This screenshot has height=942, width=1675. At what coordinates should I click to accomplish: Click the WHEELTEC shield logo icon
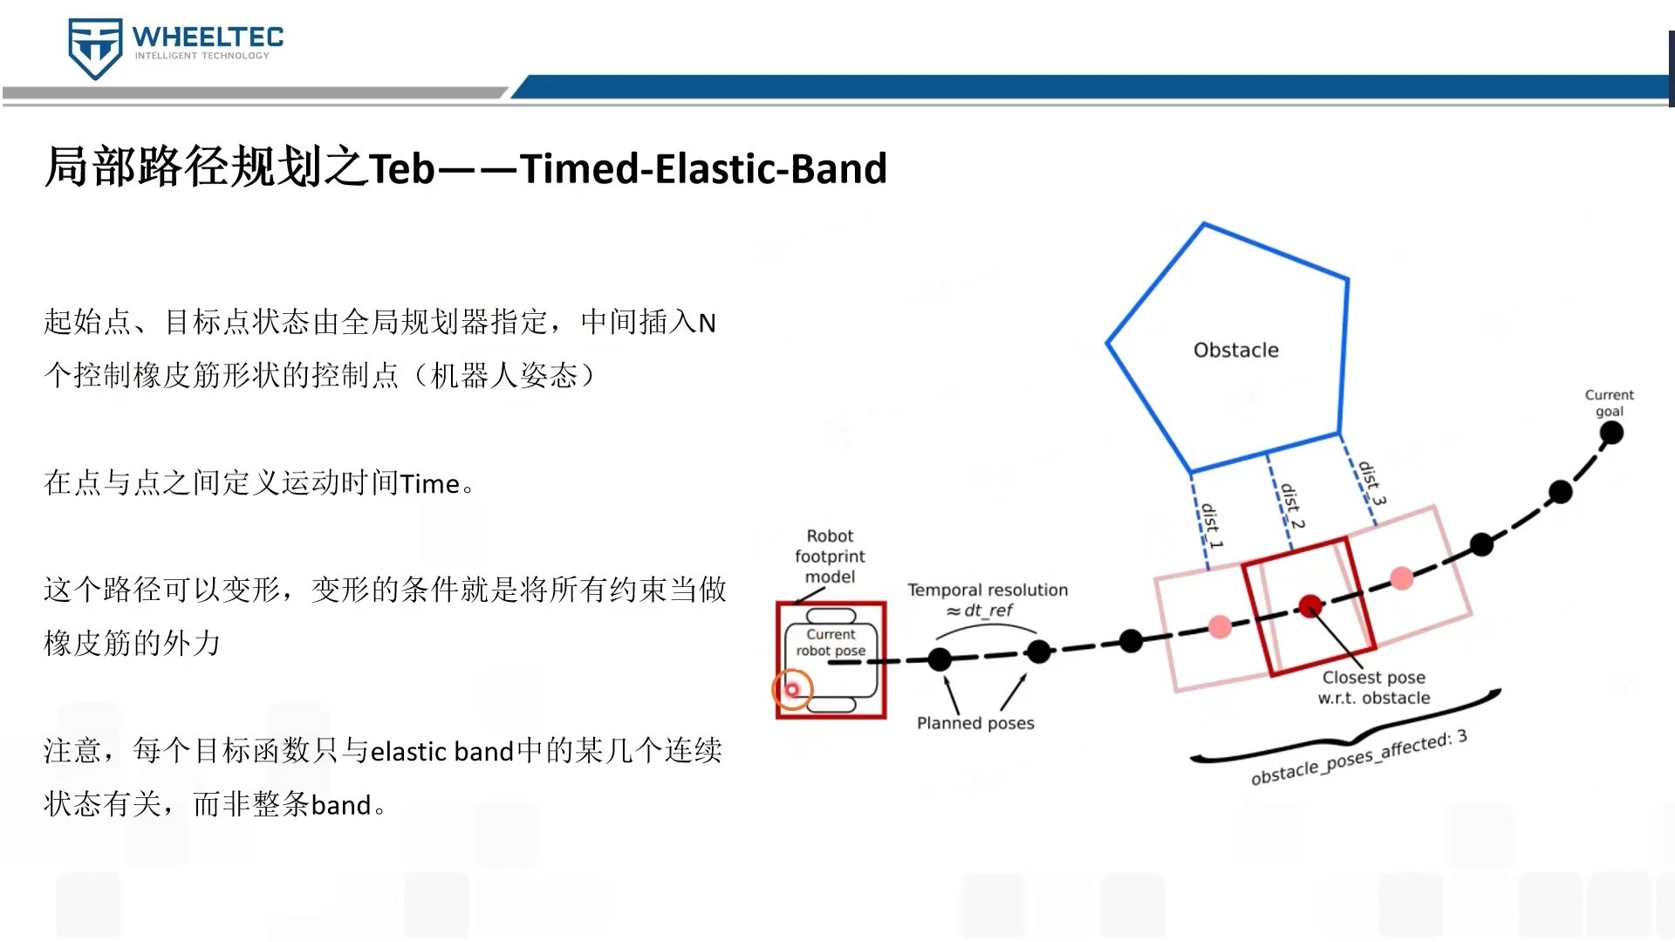95,49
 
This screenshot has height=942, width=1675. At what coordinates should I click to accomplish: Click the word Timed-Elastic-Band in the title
703,168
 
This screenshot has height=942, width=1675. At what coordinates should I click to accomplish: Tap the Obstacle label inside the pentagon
1236,350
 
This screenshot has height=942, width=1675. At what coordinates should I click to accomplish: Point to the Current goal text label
1610,403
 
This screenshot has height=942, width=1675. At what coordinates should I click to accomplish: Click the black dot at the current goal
1611,432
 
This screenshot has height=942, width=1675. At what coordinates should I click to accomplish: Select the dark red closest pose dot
1310,605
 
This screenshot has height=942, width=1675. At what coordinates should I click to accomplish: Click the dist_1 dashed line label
1212,525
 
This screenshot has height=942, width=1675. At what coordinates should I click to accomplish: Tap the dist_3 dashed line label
1371,483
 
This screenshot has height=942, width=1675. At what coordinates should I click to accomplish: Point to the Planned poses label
975,723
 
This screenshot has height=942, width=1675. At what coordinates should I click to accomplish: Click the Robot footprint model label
830,556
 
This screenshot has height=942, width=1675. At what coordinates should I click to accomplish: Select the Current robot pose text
831,643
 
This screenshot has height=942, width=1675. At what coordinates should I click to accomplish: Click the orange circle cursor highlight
792,690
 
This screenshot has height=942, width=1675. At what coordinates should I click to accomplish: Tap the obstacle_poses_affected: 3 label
1359,757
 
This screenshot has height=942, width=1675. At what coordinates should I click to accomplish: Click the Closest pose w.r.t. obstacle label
1374,687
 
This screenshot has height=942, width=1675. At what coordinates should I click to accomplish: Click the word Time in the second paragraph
430,483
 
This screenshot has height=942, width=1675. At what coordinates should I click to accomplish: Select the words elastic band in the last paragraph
442,751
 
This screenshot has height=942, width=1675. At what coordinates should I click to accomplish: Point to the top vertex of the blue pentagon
1205,224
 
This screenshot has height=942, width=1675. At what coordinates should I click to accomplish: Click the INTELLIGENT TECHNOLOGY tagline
202,56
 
